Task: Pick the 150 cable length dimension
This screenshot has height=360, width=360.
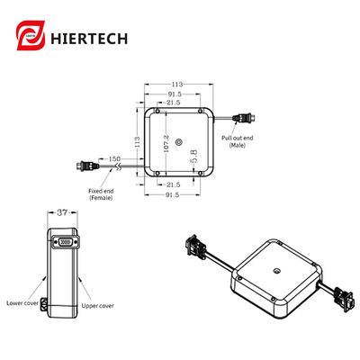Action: coord(115,158)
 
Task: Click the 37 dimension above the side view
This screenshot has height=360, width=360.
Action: coord(61,213)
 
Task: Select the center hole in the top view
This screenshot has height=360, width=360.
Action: coord(178,141)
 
